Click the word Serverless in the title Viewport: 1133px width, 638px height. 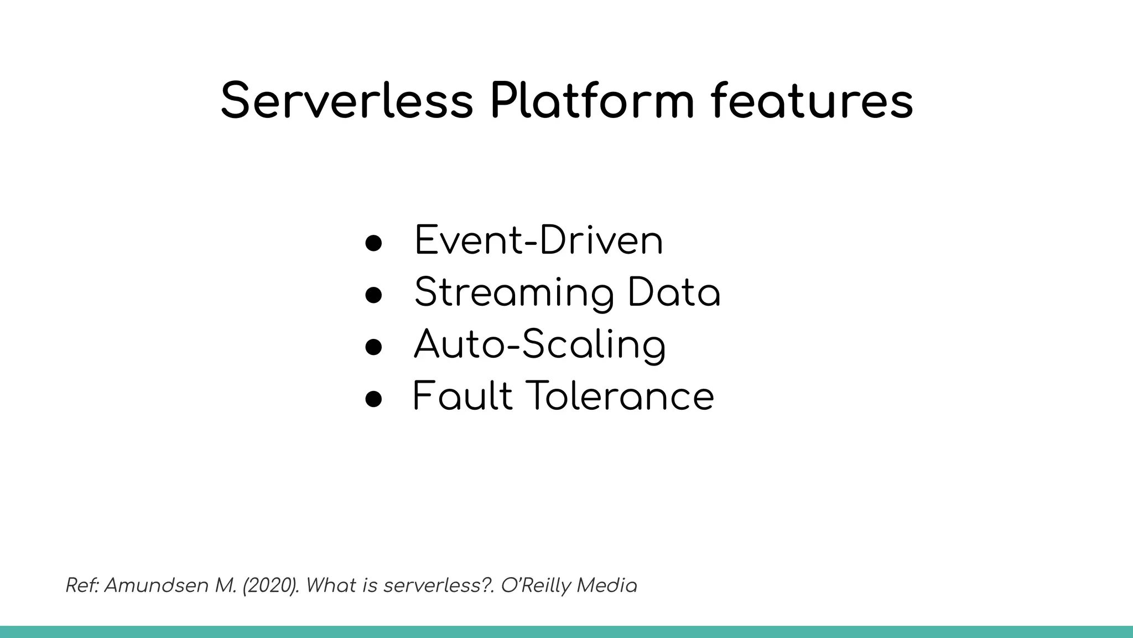347,101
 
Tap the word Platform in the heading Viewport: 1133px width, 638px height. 591,101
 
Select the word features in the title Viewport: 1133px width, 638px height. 812,101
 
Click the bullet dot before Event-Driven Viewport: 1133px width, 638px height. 373,243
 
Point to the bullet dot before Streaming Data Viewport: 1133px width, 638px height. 373,295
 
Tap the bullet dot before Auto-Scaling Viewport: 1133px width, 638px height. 373,347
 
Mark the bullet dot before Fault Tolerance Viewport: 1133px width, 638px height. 373,398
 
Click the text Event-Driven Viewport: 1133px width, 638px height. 538,241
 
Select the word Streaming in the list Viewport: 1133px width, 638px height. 514,294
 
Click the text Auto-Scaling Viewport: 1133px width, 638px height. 539,345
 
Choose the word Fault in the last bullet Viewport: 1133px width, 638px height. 462,396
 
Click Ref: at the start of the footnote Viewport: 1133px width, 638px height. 82,585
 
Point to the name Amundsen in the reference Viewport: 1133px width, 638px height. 157,585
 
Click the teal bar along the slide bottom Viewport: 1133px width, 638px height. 566,632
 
